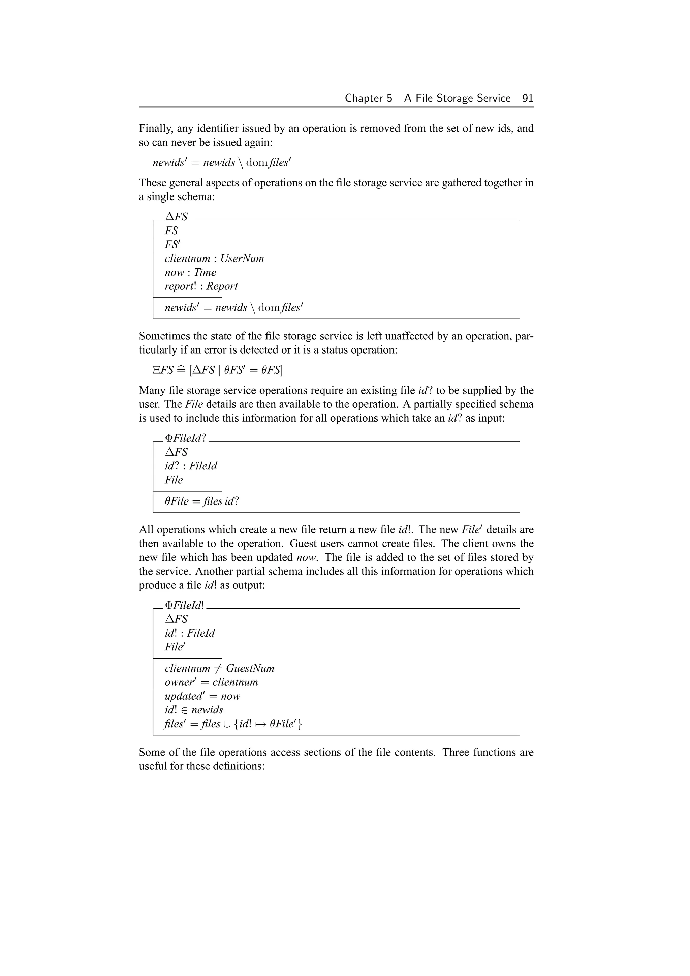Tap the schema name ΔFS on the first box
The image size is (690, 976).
pos(176,217)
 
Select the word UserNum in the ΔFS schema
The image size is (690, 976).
pos(242,258)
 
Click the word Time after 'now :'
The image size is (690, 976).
pos(205,273)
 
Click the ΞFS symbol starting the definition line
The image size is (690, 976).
pos(163,370)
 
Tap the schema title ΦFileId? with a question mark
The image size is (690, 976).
pos(185,438)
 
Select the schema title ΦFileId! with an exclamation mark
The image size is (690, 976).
pos(184,605)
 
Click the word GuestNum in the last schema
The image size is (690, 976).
pos(250,669)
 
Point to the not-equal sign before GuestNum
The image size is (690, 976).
pos(218,669)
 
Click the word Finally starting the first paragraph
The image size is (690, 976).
pos(156,128)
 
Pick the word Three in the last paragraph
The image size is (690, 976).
pos(456,753)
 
